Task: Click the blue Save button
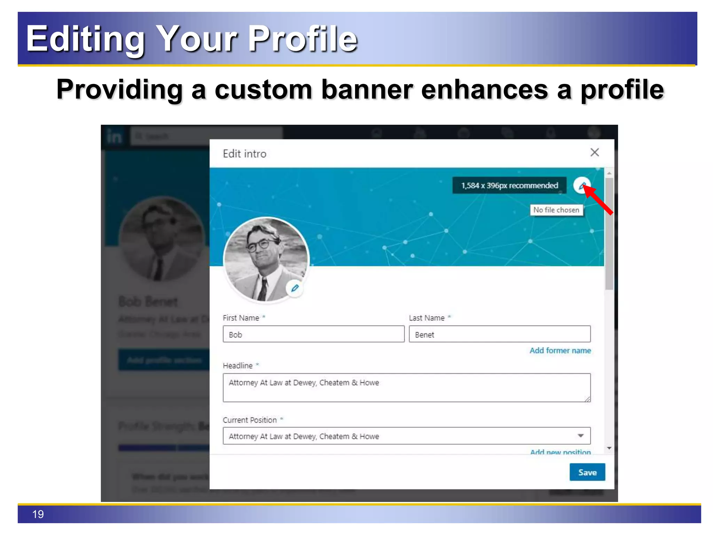point(587,472)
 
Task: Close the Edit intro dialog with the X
point(595,152)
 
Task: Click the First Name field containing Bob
point(313,334)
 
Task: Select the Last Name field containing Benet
point(499,334)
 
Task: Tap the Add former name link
point(560,350)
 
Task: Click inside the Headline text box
point(406,388)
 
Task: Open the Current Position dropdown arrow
point(580,436)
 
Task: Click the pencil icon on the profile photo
point(295,288)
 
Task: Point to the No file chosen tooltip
point(556,210)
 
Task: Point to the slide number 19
point(38,514)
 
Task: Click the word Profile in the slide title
point(302,39)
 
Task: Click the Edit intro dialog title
point(244,154)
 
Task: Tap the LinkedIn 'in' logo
point(114,137)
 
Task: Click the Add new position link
point(560,452)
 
